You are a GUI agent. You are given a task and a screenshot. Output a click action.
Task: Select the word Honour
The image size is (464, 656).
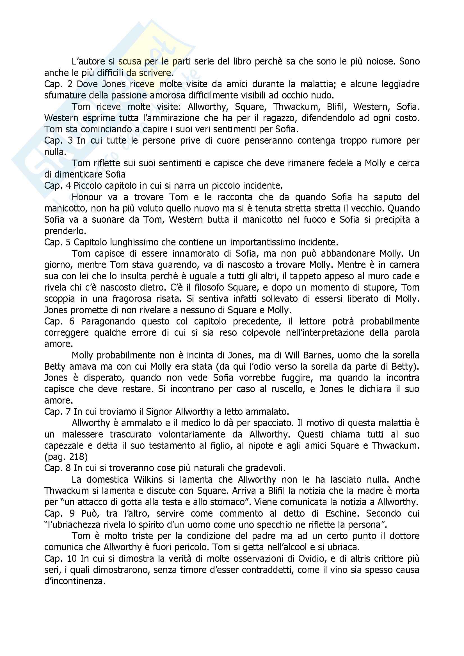point(87,197)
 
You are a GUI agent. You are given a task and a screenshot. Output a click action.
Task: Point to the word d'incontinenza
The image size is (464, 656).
point(75,581)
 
